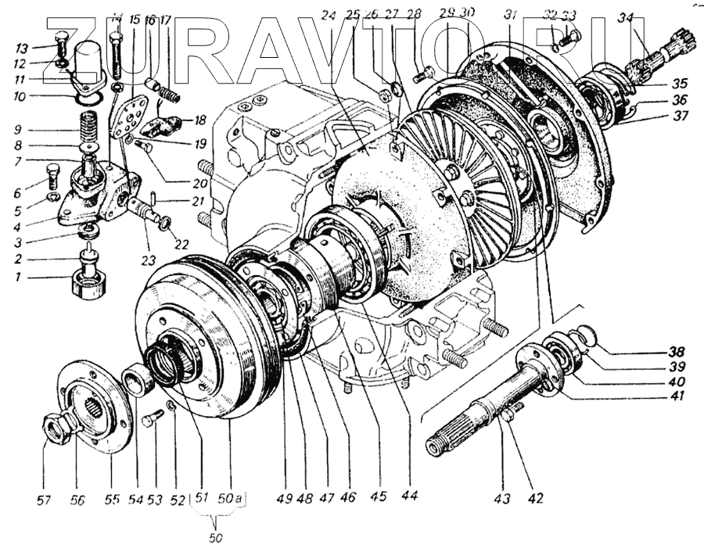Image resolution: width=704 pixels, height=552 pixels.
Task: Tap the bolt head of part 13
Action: coord(63,40)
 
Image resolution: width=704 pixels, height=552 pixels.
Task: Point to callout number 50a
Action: coord(231,496)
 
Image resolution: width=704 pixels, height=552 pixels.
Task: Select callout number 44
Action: coord(409,497)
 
